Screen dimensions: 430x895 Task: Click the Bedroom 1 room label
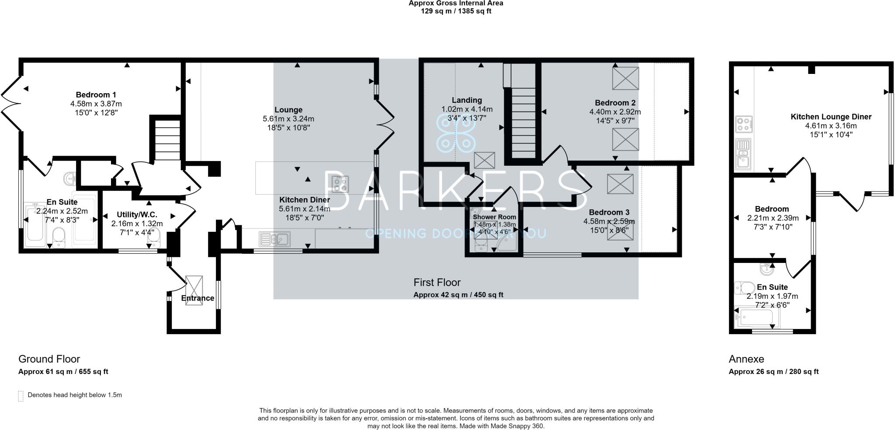(96, 95)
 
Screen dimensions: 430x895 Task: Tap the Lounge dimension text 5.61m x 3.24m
(288, 119)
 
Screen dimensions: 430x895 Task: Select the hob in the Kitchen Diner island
(340, 184)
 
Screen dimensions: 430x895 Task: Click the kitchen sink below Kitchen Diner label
(274, 239)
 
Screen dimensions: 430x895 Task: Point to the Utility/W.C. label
(137, 215)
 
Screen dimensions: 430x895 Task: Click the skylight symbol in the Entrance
(194, 287)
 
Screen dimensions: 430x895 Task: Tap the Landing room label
(467, 100)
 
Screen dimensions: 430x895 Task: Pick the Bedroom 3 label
(609, 212)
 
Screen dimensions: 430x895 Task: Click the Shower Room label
(494, 217)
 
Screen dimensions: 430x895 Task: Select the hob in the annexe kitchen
(743, 123)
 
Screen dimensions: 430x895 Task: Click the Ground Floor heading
(49, 359)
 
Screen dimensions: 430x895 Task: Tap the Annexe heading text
(746, 359)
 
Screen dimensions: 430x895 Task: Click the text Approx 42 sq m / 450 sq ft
(458, 295)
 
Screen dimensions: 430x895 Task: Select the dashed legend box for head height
(21, 396)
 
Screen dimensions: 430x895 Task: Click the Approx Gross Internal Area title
(455, 3)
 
